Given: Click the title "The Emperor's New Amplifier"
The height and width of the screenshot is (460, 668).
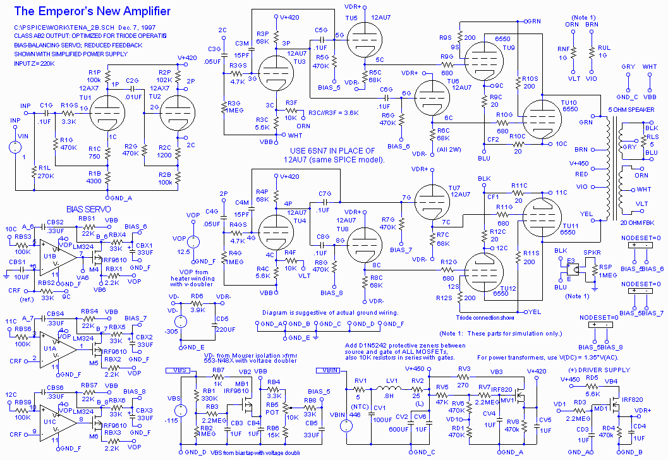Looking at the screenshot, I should (92, 11).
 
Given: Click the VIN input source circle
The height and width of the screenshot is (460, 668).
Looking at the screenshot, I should (13, 148).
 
